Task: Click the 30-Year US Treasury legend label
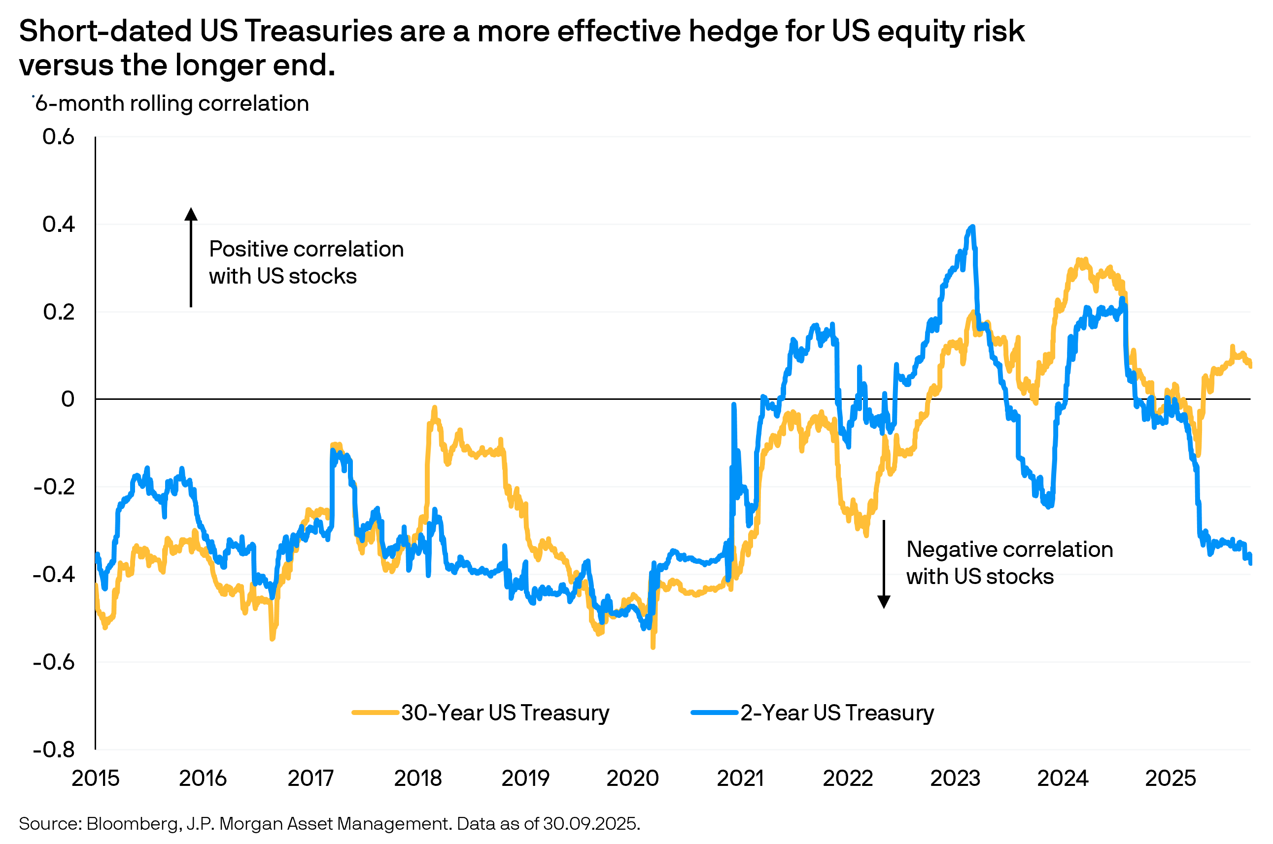[x=505, y=713]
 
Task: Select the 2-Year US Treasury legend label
[x=837, y=713]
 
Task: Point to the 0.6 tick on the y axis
[x=58, y=137]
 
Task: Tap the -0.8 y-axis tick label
[x=54, y=749]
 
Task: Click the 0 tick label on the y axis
[x=68, y=399]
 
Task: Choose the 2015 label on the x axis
[x=95, y=779]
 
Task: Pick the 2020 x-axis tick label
[x=632, y=779]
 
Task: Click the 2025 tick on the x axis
[x=1170, y=779]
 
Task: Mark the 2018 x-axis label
[x=417, y=779]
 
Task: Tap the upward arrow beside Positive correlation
[x=191, y=258]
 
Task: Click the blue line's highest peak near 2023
[x=972, y=227]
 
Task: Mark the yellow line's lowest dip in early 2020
[x=653, y=648]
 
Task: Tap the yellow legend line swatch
[x=375, y=713]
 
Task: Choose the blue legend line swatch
[x=714, y=713]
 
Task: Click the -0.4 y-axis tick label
[x=54, y=574]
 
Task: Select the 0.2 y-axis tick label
[x=58, y=312]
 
